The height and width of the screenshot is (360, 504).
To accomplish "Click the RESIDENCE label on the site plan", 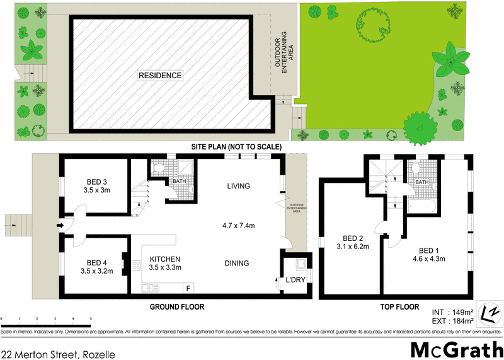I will click(161, 76).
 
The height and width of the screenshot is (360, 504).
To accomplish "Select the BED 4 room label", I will click(96, 263).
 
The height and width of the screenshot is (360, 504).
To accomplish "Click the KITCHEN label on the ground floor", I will click(165, 259).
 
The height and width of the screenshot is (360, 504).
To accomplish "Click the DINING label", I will click(236, 264).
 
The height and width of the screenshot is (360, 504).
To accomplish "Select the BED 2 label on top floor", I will click(352, 238).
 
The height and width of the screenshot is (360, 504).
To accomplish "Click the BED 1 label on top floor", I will click(428, 249).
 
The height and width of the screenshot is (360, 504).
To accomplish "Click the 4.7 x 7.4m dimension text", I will click(241, 225).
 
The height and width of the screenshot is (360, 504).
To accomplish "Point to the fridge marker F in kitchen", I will click(188, 288).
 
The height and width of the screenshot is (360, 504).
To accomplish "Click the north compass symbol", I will click(490, 312).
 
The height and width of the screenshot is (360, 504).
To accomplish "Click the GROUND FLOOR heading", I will click(176, 307).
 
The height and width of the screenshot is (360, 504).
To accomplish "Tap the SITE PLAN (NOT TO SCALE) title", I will click(236, 147).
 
